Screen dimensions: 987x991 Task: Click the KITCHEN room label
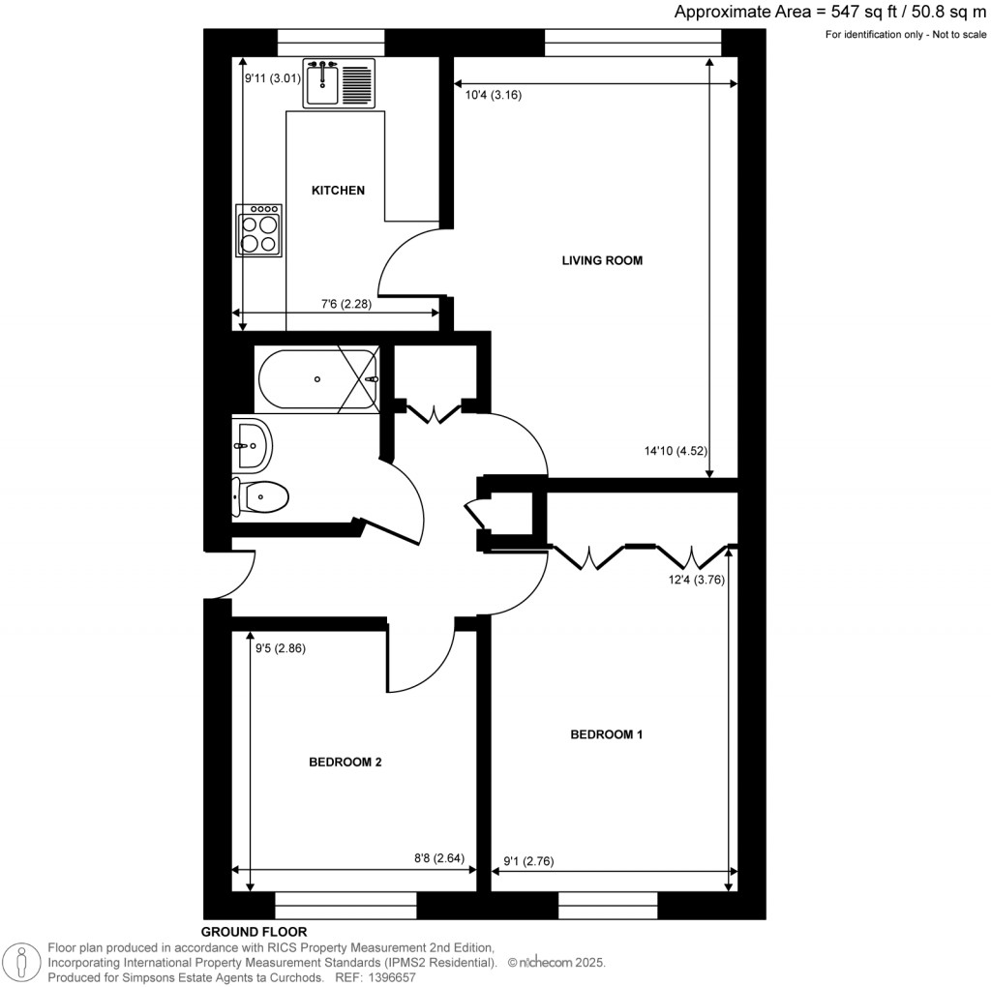[337, 191]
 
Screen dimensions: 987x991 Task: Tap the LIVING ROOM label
[602, 260]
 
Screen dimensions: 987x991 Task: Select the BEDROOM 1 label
[606, 734]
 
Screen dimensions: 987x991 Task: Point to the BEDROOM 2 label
[345, 763]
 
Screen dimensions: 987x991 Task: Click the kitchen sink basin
[322, 83]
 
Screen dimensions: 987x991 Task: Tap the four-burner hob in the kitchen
[259, 230]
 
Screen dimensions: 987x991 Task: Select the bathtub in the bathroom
[316, 380]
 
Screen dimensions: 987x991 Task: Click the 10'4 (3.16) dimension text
[494, 95]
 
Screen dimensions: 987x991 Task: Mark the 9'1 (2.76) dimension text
[530, 860]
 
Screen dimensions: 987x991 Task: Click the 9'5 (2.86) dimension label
[280, 649]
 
